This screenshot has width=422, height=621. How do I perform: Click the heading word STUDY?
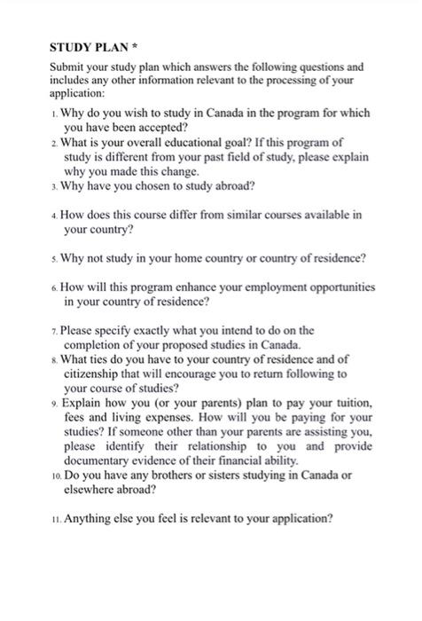tap(71, 46)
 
